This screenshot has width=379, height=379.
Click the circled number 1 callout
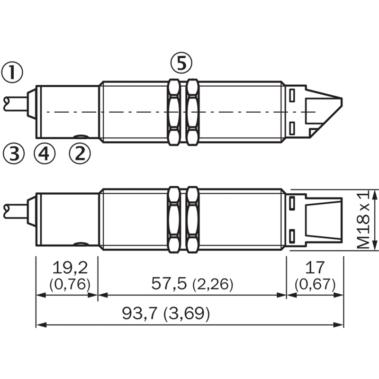point(12,72)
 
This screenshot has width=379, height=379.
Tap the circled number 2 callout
point(80,153)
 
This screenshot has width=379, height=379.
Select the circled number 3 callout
point(14,153)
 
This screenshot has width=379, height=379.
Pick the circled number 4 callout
point(45,153)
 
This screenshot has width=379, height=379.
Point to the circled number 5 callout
point(181,63)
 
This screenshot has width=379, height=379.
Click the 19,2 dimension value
point(70,268)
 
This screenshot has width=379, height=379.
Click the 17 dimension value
point(315,267)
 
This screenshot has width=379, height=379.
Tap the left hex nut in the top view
point(174,112)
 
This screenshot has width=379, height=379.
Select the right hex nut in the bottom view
point(192,220)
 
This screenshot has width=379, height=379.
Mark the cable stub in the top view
point(15,104)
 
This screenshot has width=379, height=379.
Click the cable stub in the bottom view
point(15,211)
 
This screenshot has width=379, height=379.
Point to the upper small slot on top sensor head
point(292,95)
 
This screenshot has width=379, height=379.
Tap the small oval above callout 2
point(81,137)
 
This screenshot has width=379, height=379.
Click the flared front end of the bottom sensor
point(324,220)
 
